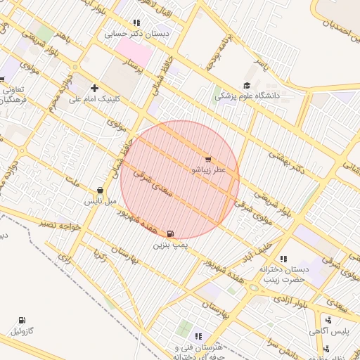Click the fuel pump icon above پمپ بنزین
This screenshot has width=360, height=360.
pos(172,233)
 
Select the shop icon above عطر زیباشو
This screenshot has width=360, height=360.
pos(208,157)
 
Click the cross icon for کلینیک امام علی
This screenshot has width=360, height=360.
pos(95,87)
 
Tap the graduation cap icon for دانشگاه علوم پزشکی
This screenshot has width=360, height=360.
pos(246,85)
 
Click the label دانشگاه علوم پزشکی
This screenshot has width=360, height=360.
pos(247,95)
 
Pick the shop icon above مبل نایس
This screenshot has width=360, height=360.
pos(100,190)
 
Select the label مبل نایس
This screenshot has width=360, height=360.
pos(100,201)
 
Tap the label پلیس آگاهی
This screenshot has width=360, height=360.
pos(326,330)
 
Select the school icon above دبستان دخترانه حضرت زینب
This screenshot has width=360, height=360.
pos(283,259)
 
